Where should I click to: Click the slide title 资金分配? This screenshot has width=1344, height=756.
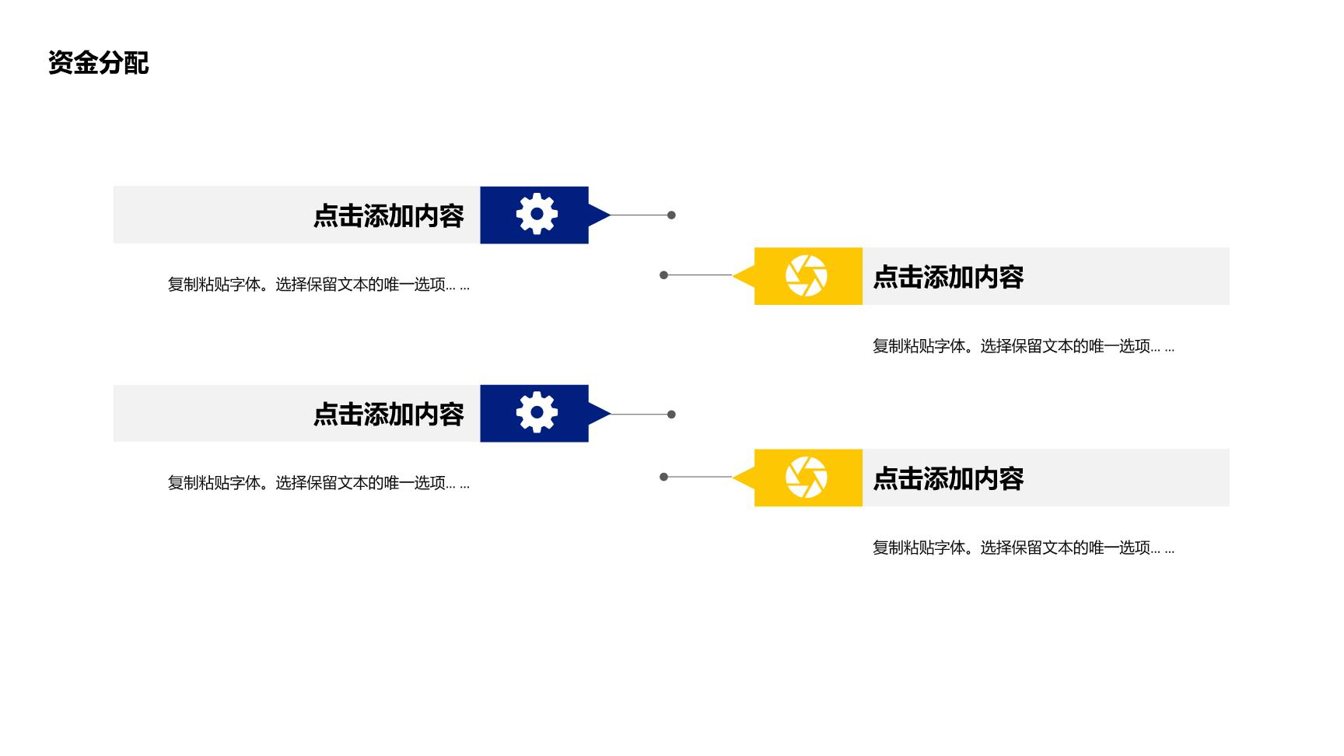pos(98,62)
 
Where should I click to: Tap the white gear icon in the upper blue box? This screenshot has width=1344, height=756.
pos(537,214)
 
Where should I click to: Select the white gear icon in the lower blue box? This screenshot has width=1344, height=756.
pos(537,412)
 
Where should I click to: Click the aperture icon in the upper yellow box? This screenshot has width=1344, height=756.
pos(807,275)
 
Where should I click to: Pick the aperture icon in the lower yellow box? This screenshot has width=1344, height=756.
pos(807,477)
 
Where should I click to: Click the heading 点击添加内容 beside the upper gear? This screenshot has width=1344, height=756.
pos(388,215)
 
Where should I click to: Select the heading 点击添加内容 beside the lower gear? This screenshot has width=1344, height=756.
pos(388,414)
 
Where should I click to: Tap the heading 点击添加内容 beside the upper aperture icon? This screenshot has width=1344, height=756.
pos(948,277)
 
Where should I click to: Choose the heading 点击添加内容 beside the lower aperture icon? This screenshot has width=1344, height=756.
pos(948,478)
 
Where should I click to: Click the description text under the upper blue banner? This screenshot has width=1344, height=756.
pos(319,285)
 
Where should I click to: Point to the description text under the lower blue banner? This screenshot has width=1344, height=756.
pos(319,483)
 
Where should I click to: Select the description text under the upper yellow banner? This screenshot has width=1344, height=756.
pos(1024,346)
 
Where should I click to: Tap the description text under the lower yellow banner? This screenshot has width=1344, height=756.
pos(1024,548)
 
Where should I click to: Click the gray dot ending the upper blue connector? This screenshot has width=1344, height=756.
pos(671,215)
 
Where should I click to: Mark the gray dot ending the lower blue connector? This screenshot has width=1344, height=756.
pos(671,414)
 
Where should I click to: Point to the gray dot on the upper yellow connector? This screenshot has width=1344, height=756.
pos(663,275)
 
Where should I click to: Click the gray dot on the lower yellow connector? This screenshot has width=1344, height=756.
pos(663,477)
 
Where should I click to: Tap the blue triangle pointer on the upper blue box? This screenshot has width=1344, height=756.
pos(597,215)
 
